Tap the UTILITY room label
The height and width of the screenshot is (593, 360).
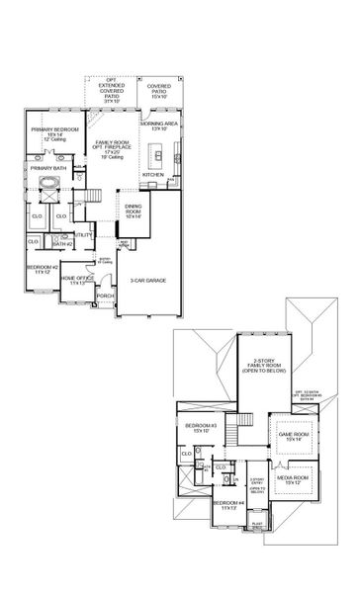pos(82,235)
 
